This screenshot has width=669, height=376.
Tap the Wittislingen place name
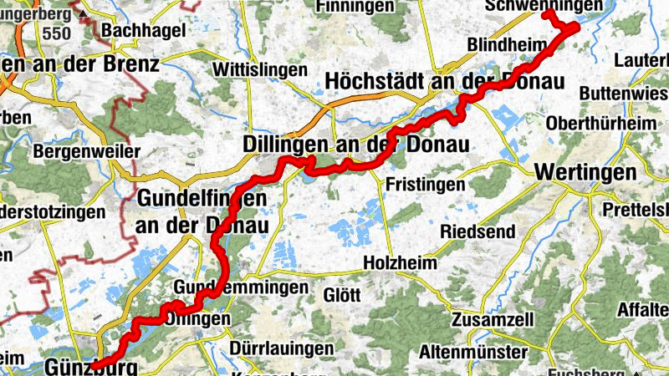260,69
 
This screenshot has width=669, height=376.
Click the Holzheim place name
401,262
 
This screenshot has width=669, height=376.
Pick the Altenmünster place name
476,350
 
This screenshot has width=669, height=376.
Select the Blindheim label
500,43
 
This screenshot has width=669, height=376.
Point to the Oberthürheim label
600,123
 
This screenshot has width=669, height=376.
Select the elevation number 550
57,33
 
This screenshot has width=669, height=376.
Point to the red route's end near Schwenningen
546,13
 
